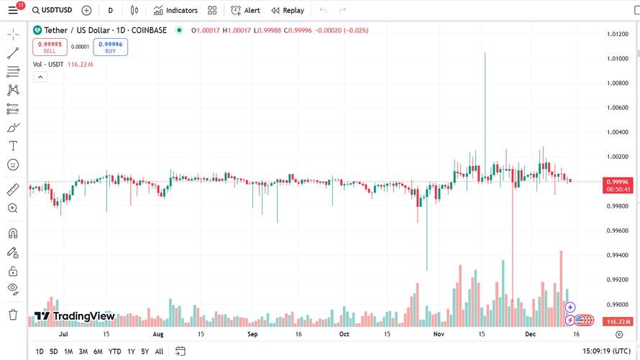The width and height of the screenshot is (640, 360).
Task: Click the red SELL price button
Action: click(x=50, y=47)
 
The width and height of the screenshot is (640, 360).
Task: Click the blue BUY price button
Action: click(x=110, y=47)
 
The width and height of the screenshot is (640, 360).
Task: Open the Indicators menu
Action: click(x=175, y=10)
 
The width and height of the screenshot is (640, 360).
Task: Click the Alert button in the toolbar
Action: click(x=245, y=10)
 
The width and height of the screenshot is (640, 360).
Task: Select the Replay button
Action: click(x=288, y=10)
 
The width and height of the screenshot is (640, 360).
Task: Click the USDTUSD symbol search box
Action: click(x=52, y=10)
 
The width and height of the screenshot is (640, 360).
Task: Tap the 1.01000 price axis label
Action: click(x=617, y=58)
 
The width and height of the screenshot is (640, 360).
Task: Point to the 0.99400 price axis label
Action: click(x=617, y=255)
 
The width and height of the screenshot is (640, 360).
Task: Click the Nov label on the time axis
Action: click(x=439, y=334)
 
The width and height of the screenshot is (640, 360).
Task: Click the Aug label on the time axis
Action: click(x=158, y=334)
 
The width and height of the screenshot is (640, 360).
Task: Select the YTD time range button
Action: click(x=114, y=351)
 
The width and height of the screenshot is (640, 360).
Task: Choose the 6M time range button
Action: click(x=98, y=351)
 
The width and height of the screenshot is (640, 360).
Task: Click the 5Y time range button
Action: click(x=145, y=351)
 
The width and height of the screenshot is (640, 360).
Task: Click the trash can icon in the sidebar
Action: click(x=13, y=315)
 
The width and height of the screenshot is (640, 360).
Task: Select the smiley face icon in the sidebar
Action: click(x=13, y=165)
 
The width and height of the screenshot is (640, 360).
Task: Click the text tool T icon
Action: click(x=13, y=146)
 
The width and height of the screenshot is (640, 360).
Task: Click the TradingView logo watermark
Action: click(x=74, y=316)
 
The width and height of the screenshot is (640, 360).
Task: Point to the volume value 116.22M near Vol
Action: click(x=81, y=65)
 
